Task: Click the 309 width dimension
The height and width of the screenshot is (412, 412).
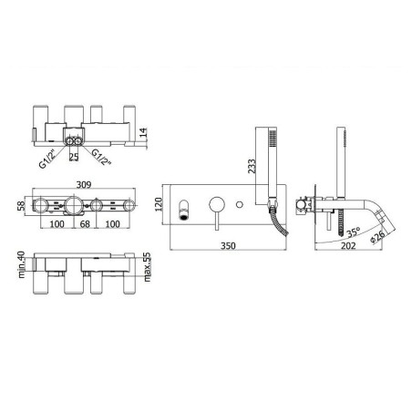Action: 84,184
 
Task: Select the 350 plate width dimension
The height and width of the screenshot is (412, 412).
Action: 228,245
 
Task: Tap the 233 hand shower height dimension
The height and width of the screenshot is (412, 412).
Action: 252,166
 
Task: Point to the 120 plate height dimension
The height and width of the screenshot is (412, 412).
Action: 159,204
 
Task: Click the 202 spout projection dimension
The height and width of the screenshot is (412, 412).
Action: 348,245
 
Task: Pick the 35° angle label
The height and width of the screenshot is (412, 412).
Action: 354,232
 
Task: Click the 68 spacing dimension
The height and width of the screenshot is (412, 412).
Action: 85,224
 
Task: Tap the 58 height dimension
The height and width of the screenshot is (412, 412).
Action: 21,206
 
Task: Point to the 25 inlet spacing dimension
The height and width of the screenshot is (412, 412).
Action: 74,157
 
